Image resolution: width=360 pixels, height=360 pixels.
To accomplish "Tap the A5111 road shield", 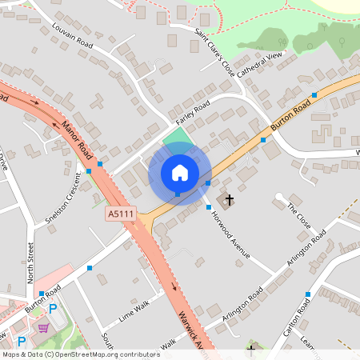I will [x=120, y=214].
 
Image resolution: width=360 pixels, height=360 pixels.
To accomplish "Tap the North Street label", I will [x=30, y=262].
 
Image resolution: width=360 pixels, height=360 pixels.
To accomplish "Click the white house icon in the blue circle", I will [x=180, y=172].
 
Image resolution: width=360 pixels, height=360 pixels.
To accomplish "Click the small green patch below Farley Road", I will [x=178, y=138].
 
